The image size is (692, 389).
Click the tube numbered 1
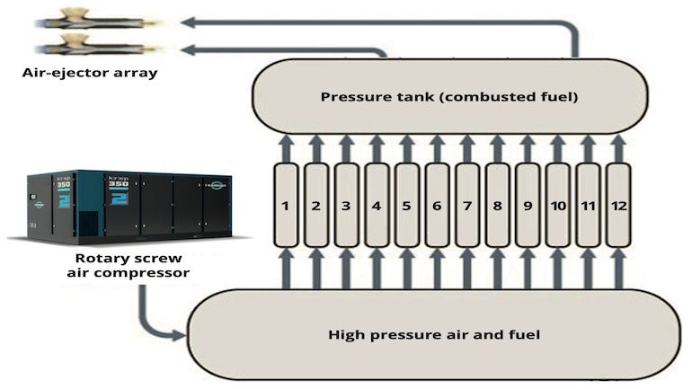[285, 206]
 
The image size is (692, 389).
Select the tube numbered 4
[377, 206]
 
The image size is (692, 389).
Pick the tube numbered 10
[558, 206]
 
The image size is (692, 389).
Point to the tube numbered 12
[618, 206]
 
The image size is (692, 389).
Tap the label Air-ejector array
[90, 73]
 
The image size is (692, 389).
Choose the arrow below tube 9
[528, 266]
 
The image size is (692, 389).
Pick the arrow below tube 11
[589, 266]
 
